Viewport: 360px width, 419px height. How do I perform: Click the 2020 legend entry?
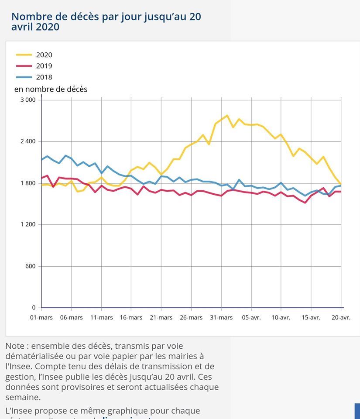[44, 55]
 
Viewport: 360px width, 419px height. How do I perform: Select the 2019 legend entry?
[44, 66]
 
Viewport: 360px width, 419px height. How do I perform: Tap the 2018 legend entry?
[44, 78]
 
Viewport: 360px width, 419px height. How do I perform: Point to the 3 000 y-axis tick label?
[28, 100]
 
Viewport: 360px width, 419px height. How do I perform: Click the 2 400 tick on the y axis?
[28, 141]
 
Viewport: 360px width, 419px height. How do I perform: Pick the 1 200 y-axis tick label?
[28, 225]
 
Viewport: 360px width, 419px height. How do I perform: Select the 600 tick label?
[30, 266]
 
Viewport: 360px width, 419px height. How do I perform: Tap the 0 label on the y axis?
[34, 308]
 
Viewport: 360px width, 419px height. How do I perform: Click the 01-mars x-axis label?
[41, 317]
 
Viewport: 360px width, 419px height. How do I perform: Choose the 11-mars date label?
[101, 317]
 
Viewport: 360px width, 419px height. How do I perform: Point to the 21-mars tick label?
[161, 317]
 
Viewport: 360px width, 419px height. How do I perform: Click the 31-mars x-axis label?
[221, 317]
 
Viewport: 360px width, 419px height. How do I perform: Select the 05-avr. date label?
[251, 317]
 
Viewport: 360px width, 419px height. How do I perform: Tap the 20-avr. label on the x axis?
[340, 317]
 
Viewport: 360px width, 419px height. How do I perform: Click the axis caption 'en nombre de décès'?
[51, 89]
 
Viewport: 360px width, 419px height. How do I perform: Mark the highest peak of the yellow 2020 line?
[227, 116]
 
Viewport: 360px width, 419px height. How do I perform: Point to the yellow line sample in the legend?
[24, 55]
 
